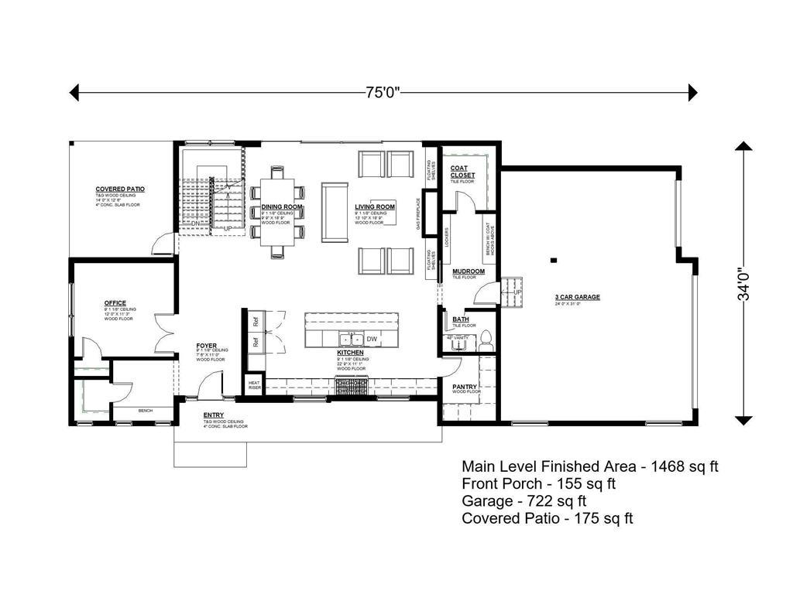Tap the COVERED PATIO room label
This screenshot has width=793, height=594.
pyautogui.click(x=120, y=189)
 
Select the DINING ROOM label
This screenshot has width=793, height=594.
pyautogui.click(x=281, y=207)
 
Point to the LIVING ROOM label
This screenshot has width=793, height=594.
pyautogui.click(x=375, y=207)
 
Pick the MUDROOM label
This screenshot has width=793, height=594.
pyautogui.click(x=469, y=271)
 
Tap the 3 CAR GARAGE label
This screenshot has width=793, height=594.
pyautogui.click(x=577, y=296)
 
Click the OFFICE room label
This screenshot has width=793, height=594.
pyautogui.click(x=115, y=303)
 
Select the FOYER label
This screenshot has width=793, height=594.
pyautogui.click(x=205, y=346)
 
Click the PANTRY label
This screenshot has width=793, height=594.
pyautogui.click(x=465, y=387)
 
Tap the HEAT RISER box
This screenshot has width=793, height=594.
pyautogui.click(x=254, y=384)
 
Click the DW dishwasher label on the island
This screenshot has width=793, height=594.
pyautogui.click(x=372, y=339)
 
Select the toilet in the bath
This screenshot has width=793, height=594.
pyautogui.click(x=486, y=337)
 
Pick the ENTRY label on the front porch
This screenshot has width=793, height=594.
pyautogui.click(x=214, y=415)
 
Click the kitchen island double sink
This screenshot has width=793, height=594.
pyautogui.click(x=352, y=339)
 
